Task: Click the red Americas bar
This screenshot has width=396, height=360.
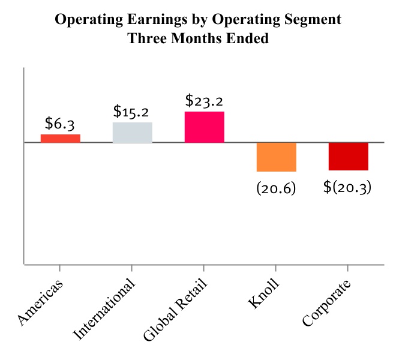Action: coord(60,138)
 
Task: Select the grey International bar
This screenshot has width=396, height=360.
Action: coord(132,133)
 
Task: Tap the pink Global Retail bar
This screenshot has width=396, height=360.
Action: coord(205,127)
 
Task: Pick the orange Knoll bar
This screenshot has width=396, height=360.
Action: coord(276,157)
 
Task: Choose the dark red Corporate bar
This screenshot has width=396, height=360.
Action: coord(348,157)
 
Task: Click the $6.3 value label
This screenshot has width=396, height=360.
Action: coord(60,124)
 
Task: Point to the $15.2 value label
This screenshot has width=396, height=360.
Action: coord(132,112)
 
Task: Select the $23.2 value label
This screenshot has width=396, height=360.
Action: coord(205,100)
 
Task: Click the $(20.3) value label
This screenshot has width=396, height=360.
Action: coord(348,187)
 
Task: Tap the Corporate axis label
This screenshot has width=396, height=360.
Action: coord(326,304)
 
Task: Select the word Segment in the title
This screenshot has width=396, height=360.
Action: coord(312,20)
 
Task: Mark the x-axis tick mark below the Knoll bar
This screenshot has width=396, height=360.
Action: coord(276,267)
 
